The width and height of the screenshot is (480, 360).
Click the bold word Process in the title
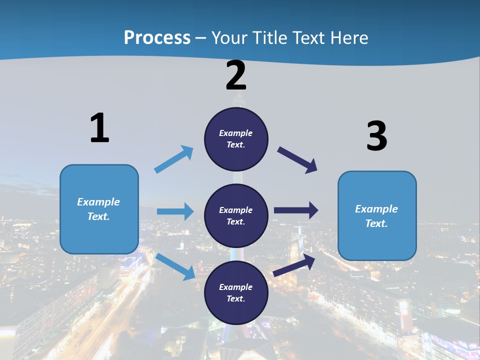pos(157,38)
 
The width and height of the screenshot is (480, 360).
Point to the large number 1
pos(99,128)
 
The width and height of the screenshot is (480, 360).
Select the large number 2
pos(236,75)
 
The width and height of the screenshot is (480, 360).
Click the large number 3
pos(377,136)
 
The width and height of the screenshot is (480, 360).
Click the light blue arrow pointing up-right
pos(173,159)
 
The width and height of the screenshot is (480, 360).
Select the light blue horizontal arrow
pos(175,211)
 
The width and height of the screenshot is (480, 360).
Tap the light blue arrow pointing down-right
pos(175,266)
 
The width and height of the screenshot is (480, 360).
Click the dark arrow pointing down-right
pos(297,160)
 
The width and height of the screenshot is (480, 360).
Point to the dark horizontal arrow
pos(295,210)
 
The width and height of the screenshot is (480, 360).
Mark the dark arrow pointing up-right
pos(294,265)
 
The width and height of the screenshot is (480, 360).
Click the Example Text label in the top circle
pos(236,139)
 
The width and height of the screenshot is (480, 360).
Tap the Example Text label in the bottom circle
pos(236,293)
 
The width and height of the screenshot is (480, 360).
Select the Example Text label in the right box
pos(376,216)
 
